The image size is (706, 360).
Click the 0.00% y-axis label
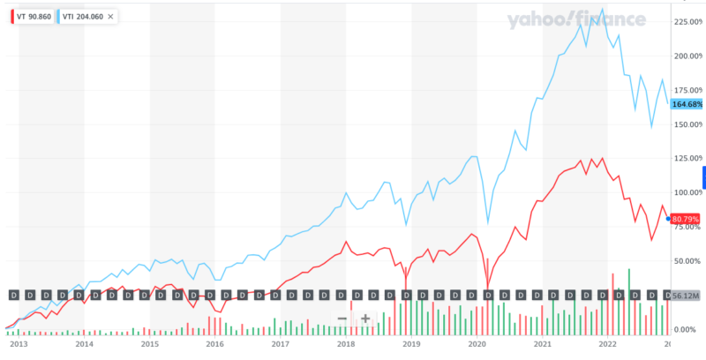point(690,329)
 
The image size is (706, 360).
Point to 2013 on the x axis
point(19,346)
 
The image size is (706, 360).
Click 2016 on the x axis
point(214,346)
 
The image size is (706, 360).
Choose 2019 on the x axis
point(411,346)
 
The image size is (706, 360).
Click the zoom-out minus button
point(342,318)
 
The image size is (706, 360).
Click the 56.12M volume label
point(686,296)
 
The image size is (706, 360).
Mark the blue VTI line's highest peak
point(602,10)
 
